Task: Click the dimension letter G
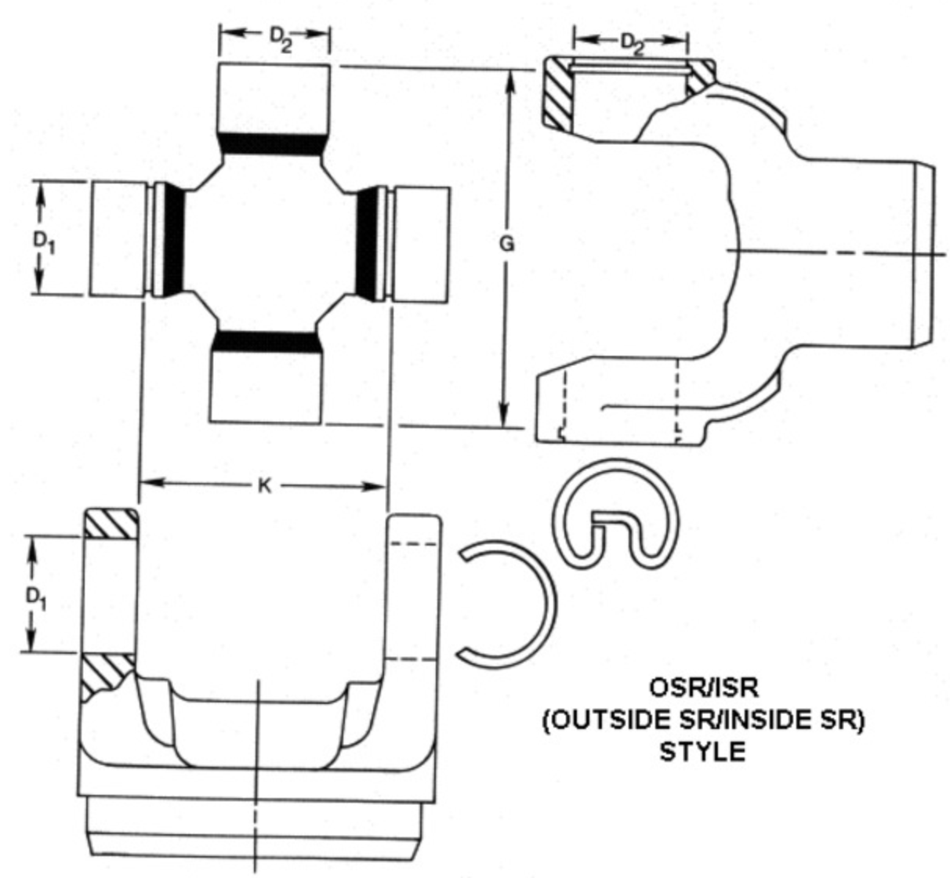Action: point(507,244)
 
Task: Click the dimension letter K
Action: point(264,486)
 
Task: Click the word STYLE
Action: point(702,752)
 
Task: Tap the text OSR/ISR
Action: point(702,688)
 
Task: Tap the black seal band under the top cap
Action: point(271,143)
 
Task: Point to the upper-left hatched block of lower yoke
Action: point(111,523)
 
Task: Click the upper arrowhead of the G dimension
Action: point(507,80)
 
